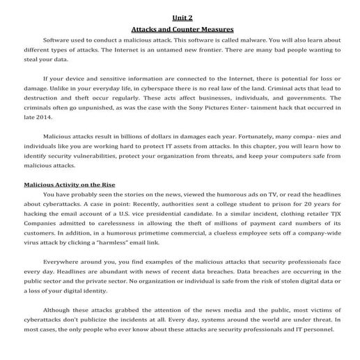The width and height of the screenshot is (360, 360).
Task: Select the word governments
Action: tap(309, 99)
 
